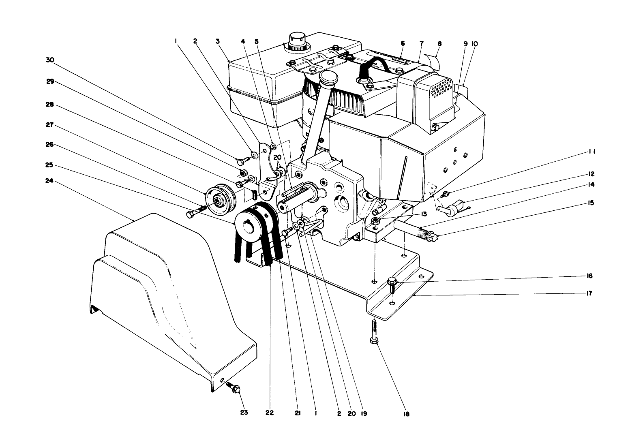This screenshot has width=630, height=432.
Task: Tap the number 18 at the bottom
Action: [406, 414]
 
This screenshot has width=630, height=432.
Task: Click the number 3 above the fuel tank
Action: [218, 41]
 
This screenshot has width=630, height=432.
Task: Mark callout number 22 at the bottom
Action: [270, 413]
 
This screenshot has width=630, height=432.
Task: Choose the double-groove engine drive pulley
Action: [253, 223]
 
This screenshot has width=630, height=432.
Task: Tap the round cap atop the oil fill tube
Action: [328, 77]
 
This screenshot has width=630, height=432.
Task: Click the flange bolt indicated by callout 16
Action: [392, 284]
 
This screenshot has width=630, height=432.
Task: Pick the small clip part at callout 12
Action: [453, 207]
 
